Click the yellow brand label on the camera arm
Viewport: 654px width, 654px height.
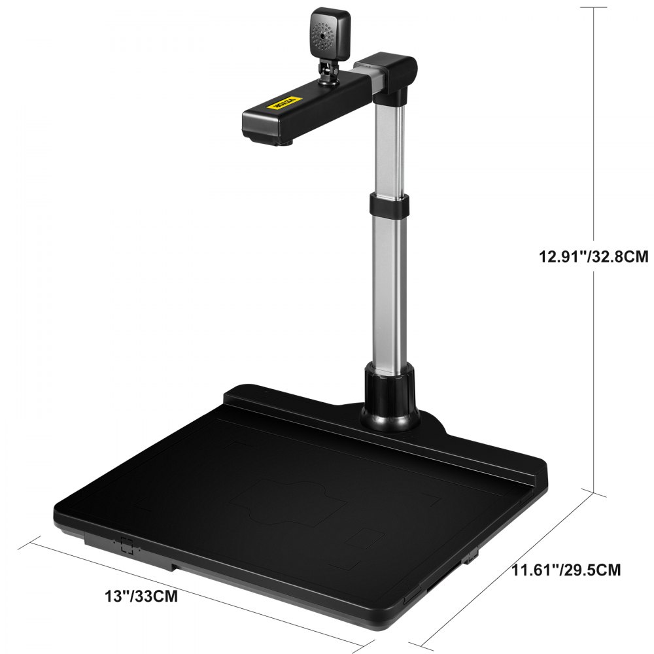coord(283,103)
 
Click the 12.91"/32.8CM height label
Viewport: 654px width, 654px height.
coord(593,257)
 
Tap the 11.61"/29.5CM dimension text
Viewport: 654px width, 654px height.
coord(566,570)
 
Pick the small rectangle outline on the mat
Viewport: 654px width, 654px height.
coord(364,539)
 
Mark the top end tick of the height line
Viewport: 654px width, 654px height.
coord(593,7)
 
